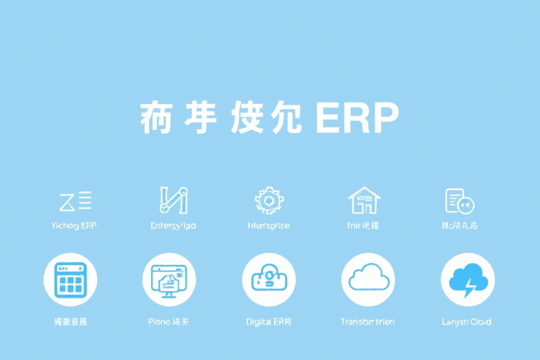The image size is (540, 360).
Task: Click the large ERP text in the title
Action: pos(357,117)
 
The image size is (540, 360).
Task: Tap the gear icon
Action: pos(268,200)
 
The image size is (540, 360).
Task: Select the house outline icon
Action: pos(364,200)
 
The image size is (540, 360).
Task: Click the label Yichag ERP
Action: pos(74,226)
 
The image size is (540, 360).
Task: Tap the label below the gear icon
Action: pos(268,226)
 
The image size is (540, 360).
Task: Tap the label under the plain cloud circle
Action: pos(367,321)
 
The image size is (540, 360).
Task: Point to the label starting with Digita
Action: pos(269,321)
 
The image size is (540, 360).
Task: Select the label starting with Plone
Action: pos(168,321)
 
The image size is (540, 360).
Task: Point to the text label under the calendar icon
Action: pos(70,321)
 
